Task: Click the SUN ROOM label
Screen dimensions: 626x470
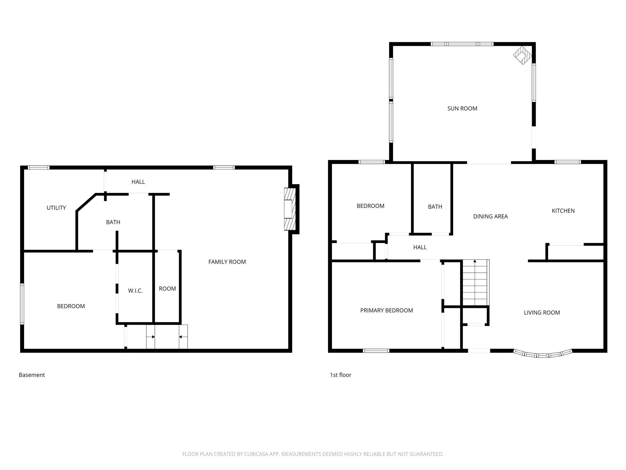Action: point(462,108)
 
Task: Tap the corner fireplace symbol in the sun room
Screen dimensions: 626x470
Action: point(522,55)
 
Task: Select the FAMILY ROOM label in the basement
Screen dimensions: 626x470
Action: point(227,262)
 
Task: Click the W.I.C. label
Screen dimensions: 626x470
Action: point(135,291)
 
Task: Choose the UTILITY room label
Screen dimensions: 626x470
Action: point(56,208)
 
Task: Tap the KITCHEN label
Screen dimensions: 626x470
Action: point(563,211)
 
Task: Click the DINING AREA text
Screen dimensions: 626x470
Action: point(490,216)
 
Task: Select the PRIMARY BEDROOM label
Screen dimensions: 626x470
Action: point(386,310)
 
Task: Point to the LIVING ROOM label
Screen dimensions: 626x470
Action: point(542,313)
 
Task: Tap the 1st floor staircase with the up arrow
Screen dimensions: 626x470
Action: point(475,283)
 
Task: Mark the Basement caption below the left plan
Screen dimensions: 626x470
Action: point(32,375)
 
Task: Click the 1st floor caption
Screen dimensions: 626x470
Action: point(341,375)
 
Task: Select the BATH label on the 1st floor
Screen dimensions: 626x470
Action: point(435,207)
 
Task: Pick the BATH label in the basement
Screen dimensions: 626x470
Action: point(113,222)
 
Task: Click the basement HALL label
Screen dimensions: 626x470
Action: point(138,182)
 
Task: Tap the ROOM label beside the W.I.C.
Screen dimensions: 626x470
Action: point(167,289)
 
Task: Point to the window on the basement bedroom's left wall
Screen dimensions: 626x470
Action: point(22,304)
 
